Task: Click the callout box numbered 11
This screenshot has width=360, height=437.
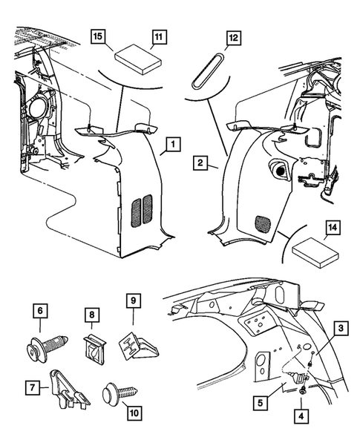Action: pos(157,36)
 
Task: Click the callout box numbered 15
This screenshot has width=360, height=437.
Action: pos(97,36)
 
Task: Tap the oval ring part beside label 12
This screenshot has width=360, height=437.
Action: pos(208,69)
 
